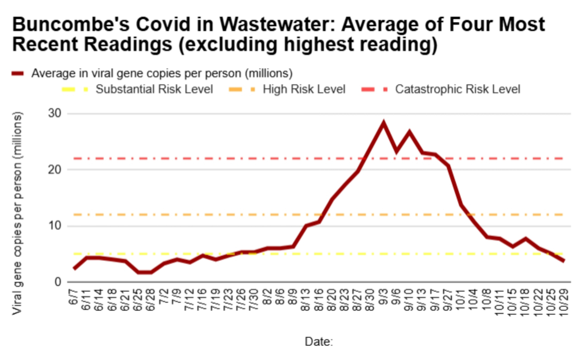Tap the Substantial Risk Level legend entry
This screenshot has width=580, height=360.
point(154,89)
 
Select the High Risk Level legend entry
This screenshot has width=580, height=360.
point(304,89)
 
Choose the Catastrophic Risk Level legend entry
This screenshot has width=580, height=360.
point(457,89)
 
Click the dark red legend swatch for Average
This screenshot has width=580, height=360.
point(18,73)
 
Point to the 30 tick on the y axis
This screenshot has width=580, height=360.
point(55,113)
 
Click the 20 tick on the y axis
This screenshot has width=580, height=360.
point(55,170)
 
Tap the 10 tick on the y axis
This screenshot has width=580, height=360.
point(55,226)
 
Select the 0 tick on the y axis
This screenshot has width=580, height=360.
point(58,282)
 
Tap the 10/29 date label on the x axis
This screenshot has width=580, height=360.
point(564,301)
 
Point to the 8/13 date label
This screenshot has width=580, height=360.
point(306,299)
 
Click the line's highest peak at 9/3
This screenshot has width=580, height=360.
point(384,123)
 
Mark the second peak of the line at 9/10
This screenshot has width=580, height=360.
point(409,132)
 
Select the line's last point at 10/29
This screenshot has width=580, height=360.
point(564,261)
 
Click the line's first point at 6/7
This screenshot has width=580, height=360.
point(74,268)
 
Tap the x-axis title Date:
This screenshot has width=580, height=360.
point(319,342)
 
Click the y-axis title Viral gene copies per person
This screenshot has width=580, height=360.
point(17,213)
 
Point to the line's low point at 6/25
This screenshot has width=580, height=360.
point(138,272)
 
